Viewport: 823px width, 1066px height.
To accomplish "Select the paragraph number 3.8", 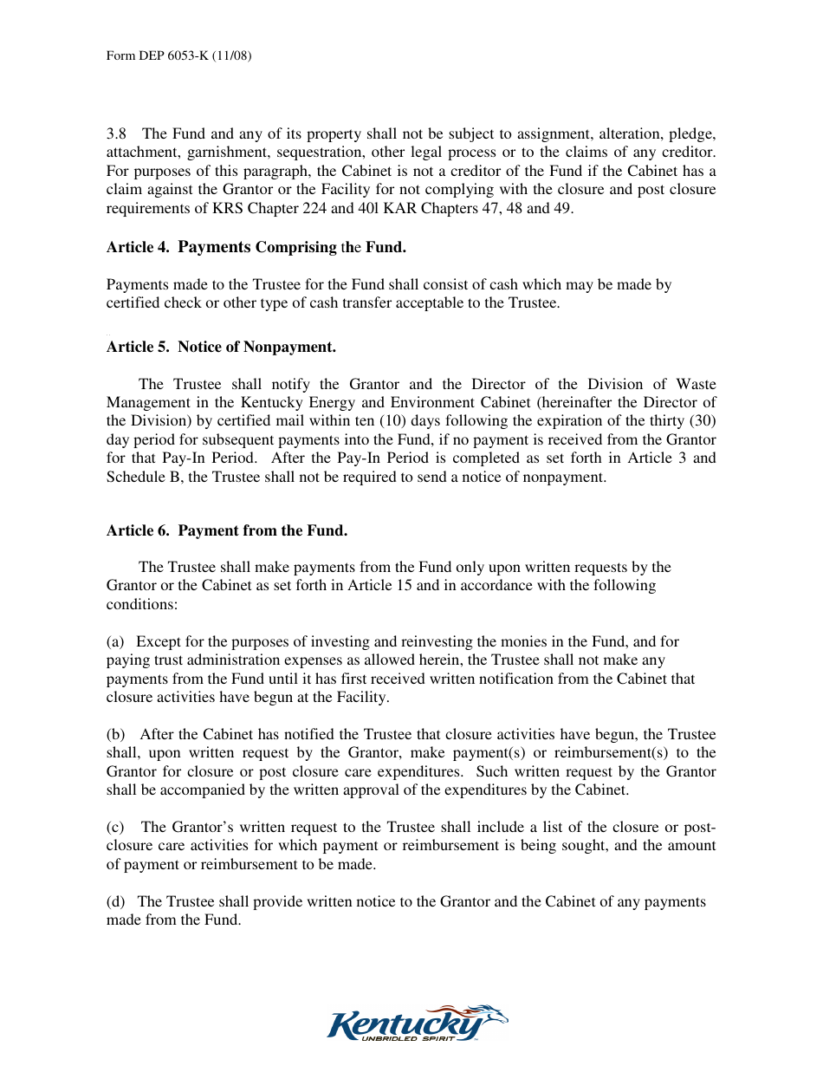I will (116, 134).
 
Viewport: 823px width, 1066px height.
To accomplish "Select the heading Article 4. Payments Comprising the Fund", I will (256, 248).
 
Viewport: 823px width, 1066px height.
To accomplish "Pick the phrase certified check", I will (147, 303).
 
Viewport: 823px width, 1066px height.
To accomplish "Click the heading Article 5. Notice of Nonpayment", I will (221, 348).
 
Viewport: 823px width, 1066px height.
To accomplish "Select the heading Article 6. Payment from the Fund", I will (227, 530).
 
